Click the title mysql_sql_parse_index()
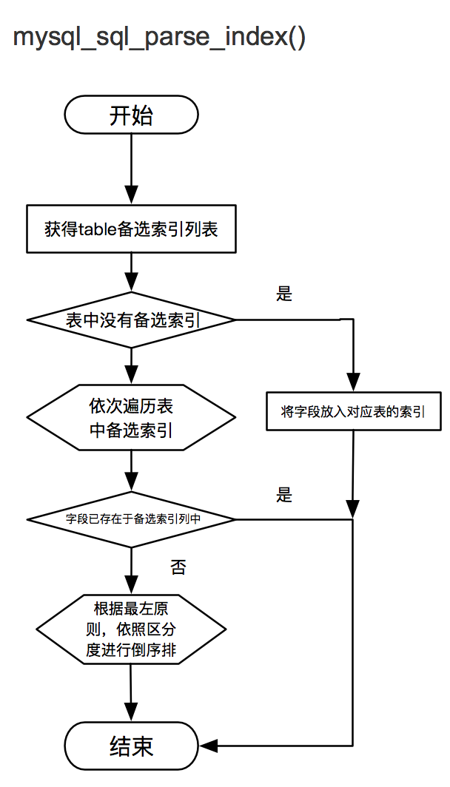(159, 38)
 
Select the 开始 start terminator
(131, 116)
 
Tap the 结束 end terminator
(131, 746)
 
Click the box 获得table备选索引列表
(131, 229)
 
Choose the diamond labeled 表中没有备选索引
(131, 320)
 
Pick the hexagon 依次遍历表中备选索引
(131, 418)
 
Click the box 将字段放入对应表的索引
(353, 412)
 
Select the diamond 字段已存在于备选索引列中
(131, 519)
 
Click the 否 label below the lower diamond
(178, 568)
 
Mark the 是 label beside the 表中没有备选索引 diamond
(284, 294)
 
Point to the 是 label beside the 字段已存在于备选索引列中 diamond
(284, 495)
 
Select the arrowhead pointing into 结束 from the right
(209, 746)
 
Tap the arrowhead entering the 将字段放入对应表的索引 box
(354, 385)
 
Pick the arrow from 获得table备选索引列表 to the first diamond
(131, 272)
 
